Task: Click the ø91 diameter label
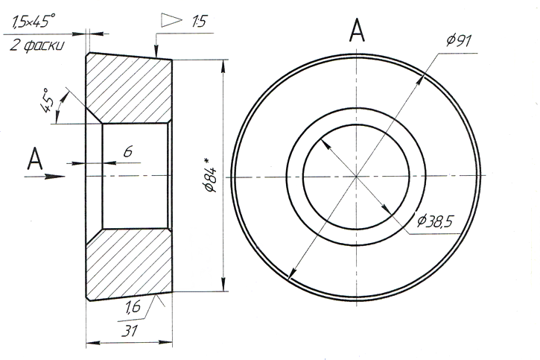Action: (459, 41)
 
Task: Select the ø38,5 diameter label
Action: (434, 221)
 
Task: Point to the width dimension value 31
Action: (129, 331)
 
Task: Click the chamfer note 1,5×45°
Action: (34, 21)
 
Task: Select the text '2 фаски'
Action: (36, 45)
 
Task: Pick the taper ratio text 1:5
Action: (199, 22)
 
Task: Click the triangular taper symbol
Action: (171, 20)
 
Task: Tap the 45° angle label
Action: (47, 101)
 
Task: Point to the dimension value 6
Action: (128, 151)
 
